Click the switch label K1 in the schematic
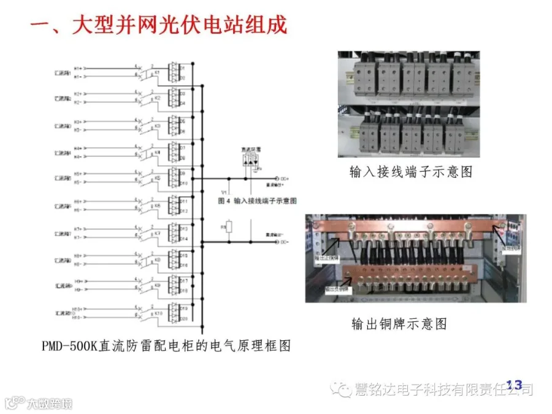coord(157,72)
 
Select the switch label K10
coord(158,312)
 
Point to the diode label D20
coord(183,318)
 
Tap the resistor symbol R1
coord(229,228)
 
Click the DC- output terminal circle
coord(277,242)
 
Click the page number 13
coord(513,385)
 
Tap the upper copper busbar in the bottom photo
coord(405,229)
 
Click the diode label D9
coord(183,174)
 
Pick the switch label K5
coord(157,178)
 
